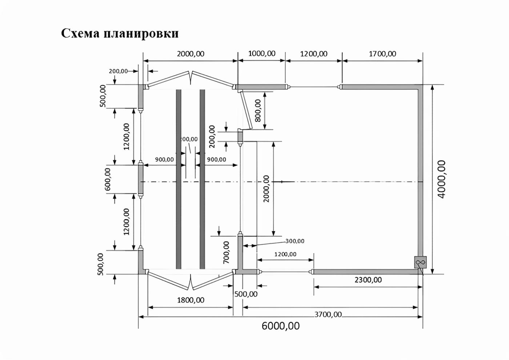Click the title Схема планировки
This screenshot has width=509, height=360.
point(120,33)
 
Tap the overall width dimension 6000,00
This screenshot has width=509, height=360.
point(281,326)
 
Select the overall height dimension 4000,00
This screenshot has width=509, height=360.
point(441,179)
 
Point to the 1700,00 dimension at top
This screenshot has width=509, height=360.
point(382,54)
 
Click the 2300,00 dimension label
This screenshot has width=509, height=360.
point(368,280)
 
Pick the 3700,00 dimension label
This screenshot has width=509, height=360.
point(328,314)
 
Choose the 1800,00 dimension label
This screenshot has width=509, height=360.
point(191,300)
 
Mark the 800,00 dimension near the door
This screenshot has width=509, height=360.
point(258,110)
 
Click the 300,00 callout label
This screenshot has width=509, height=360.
point(294,241)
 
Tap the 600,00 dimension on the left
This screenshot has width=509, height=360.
point(108,179)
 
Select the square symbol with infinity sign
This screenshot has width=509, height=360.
point(420,262)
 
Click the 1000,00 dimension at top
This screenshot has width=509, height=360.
point(262,53)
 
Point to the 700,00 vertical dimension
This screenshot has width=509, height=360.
point(226,252)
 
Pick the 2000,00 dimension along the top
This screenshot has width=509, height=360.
point(191,54)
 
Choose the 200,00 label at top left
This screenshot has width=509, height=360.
point(118,71)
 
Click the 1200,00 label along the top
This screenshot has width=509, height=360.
point(314,54)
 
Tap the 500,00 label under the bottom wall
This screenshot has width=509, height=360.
point(246,294)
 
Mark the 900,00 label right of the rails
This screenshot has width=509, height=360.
point(216,159)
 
